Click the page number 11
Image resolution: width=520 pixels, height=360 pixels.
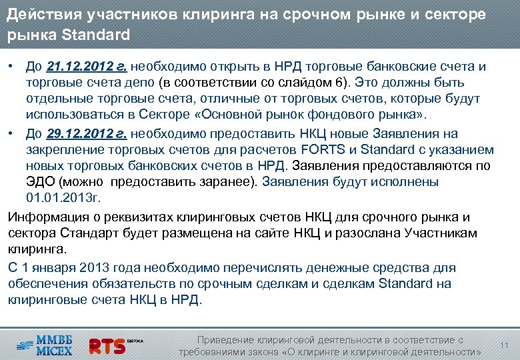pyautogui.click(x=504, y=345)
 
